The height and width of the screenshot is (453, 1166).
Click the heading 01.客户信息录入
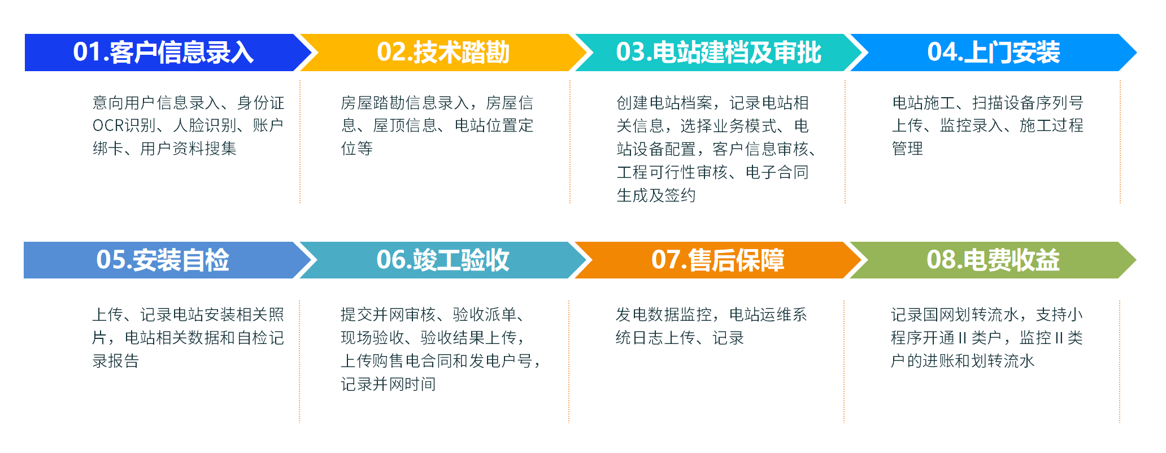(x=163, y=52)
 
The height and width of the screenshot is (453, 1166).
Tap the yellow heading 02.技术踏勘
(x=443, y=52)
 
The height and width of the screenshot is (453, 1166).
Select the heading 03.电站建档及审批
(x=719, y=52)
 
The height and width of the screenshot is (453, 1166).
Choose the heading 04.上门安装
(x=994, y=52)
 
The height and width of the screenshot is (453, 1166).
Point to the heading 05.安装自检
(x=163, y=260)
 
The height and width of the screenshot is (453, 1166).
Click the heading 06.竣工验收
(x=443, y=260)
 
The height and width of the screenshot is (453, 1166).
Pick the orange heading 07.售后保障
(x=718, y=260)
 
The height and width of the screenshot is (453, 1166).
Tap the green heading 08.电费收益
(x=993, y=260)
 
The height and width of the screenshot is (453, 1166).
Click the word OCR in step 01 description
(x=108, y=125)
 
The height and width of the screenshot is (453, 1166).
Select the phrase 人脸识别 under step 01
(x=205, y=125)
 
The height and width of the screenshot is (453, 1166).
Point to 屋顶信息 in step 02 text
(x=405, y=125)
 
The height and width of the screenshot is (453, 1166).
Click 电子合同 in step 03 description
(x=777, y=172)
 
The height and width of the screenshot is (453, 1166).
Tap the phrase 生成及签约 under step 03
(x=656, y=195)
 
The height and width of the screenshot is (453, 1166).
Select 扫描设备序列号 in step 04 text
(x=1028, y=102)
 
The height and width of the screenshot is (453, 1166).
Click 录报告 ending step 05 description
(x=116, y=360)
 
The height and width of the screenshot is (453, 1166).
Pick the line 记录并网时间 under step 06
(x=388, y=384)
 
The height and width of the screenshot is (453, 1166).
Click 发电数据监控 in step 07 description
(x=663, y=314)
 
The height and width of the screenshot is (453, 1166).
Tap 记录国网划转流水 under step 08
(x=955, y=314)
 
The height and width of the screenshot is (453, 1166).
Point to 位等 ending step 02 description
(x=356, y=149)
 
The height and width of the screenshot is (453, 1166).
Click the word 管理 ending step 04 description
(x=907, y=149)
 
